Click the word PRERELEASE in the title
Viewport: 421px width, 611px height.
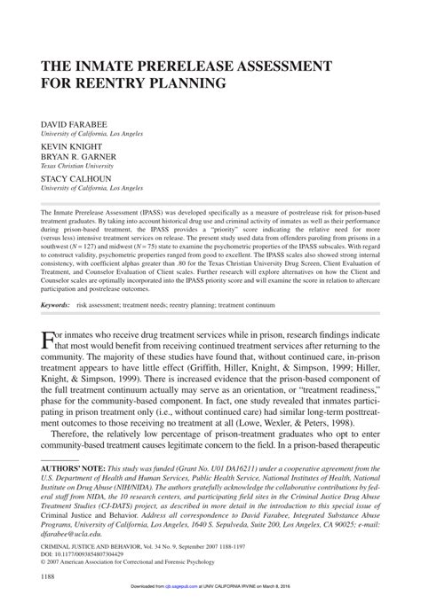pos(181,66)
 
